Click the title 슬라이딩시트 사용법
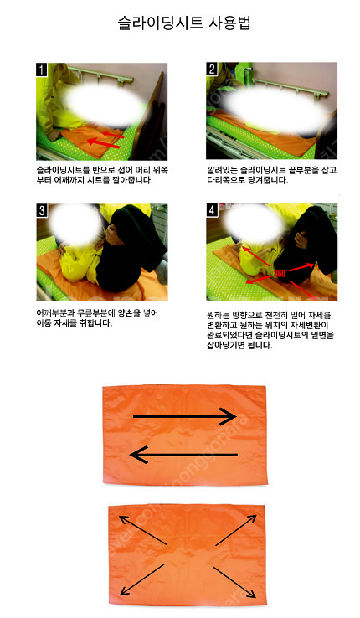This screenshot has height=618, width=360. tap(184, 23)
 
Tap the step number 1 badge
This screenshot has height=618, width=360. tap(41, 70)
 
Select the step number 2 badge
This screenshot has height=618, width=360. tap(212, 69)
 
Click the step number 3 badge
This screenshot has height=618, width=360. tap(42, 210)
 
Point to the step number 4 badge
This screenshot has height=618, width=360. tap(212, 210)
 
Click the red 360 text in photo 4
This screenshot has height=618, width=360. tap(280, 273)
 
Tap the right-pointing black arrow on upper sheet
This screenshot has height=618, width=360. tap(184, 416)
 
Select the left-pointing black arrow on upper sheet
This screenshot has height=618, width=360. tap(183, 455)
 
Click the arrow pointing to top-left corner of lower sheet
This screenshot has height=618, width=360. tap(142, 530)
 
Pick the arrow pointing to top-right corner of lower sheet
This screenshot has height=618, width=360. tap(236, 530)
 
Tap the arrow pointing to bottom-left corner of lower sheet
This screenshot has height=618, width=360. tap(141, 579)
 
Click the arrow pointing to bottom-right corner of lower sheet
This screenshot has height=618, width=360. tap(234, 583)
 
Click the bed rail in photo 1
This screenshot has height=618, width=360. tap(101, 77)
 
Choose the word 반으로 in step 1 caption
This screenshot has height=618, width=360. tap(104, 170)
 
